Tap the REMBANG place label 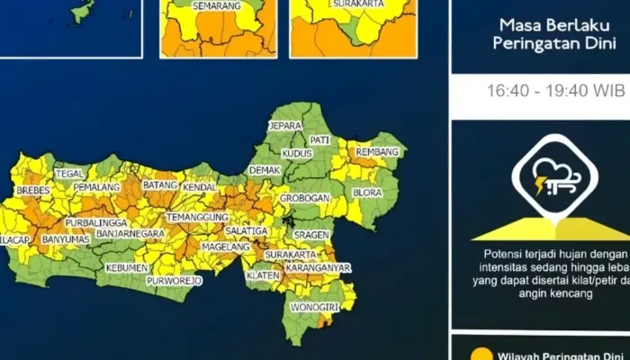377,153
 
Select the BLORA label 368,193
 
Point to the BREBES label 33,191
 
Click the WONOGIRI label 310,308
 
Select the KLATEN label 263,275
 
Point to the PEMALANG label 96,186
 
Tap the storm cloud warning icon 550,176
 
